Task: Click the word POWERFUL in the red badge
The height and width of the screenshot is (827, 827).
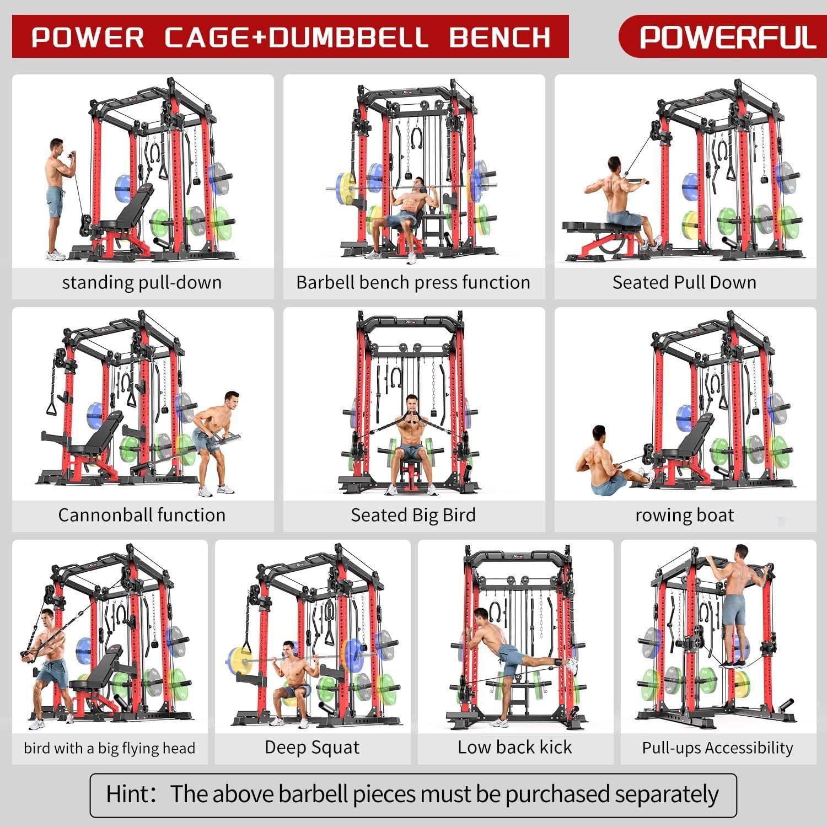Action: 727,37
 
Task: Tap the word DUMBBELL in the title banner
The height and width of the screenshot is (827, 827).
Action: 350,37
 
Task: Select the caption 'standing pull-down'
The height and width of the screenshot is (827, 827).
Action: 142,282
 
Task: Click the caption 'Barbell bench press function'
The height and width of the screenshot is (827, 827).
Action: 413,282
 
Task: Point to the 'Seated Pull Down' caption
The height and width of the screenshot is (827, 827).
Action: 684,282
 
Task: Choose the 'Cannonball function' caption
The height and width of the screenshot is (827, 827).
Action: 142,515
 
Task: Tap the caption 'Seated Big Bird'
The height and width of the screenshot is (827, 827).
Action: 413,515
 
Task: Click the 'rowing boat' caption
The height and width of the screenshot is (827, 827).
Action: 684,515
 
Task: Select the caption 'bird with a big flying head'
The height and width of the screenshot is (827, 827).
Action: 109,748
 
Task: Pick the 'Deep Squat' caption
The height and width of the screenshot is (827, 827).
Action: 312,748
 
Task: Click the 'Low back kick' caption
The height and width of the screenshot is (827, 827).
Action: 514,747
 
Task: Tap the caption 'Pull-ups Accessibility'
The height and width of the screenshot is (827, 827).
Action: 717,748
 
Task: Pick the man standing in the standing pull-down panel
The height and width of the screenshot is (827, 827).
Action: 59,198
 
